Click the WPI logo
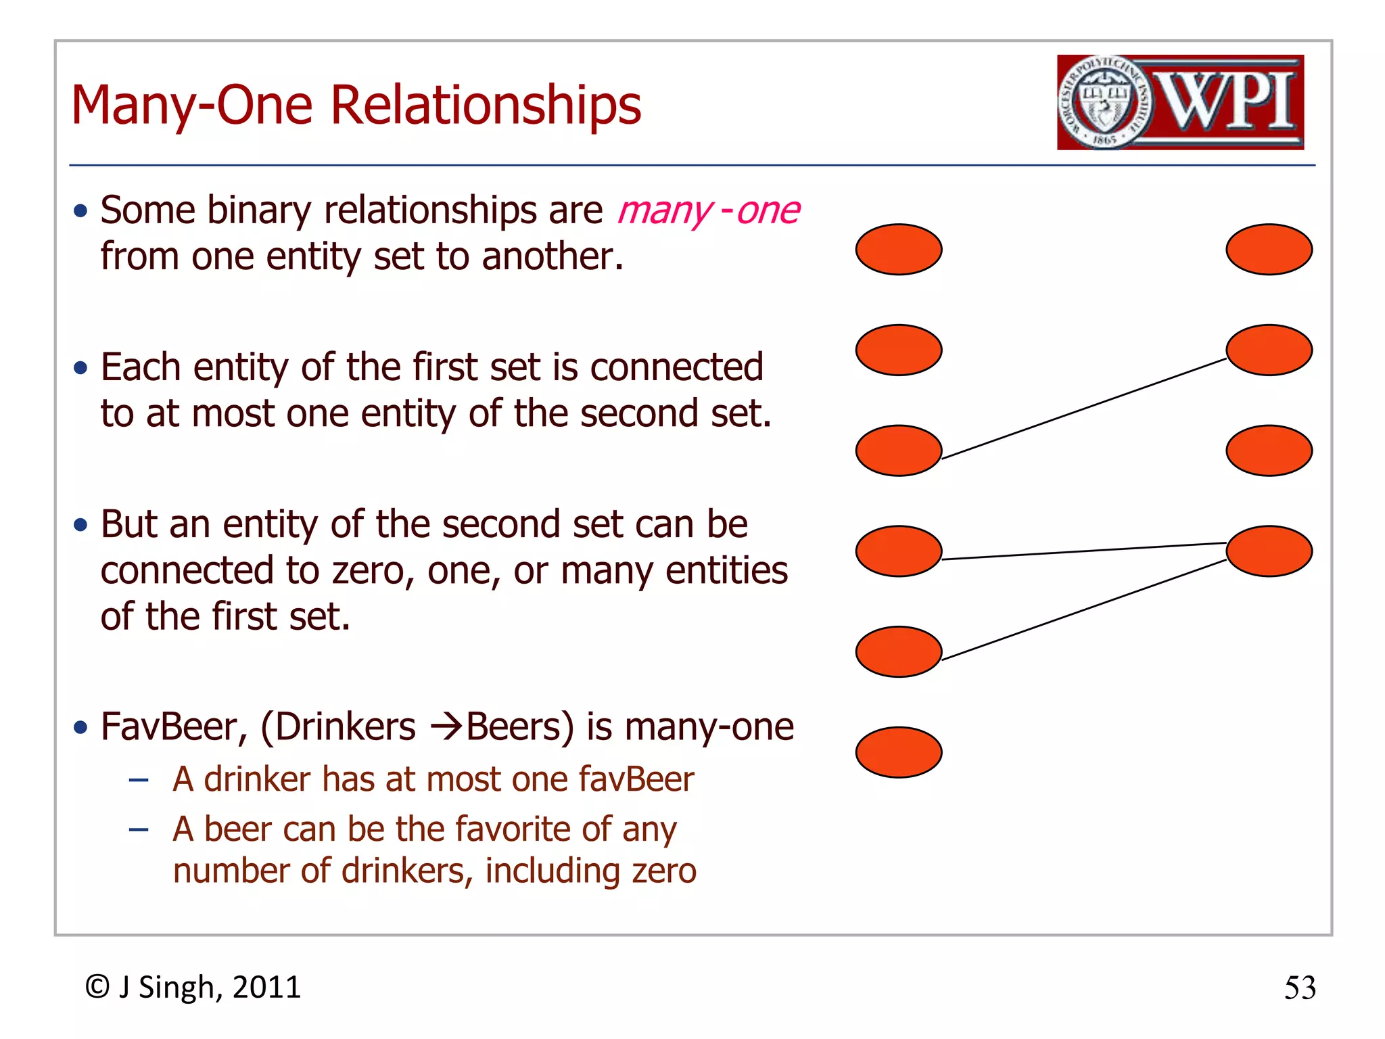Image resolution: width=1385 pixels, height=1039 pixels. coord(1180,102)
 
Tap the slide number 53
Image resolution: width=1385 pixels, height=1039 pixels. coord(1300,988)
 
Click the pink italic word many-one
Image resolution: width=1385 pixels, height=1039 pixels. coord(708,210)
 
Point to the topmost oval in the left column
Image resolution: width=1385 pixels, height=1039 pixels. coord(899,250)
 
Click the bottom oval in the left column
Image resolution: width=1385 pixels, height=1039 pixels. coord(899,752)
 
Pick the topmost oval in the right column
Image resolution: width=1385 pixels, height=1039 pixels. coord(1269,250)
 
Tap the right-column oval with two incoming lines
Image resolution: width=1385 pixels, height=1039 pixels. coord(1269,551)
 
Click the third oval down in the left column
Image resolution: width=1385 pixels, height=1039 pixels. coord(899,451)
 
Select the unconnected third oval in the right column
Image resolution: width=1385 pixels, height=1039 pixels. coord(1269,451)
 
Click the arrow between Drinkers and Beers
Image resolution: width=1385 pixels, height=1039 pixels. coord(447,728)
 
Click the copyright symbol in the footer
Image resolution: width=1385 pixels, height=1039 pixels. coord(97,987)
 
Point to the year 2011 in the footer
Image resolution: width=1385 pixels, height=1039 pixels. coord(266,988)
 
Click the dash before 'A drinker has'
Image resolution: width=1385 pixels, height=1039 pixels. coord(139,780)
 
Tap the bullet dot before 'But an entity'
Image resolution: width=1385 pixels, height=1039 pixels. coord(81,525)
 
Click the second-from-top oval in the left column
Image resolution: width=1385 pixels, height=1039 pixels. coord(899,350)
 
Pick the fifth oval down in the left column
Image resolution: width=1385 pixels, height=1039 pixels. coord(899,651)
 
